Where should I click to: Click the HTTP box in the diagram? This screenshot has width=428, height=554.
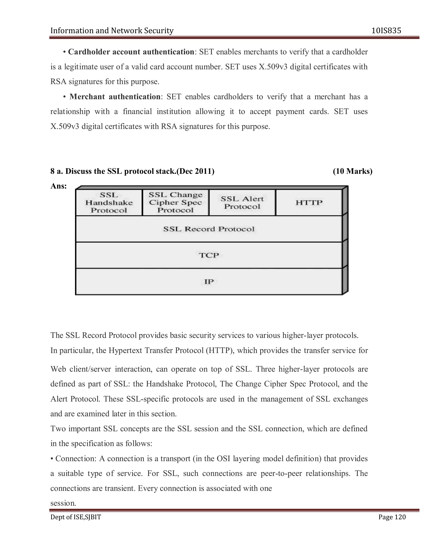pos(309,203)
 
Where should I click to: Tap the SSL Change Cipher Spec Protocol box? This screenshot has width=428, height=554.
pos(176,202)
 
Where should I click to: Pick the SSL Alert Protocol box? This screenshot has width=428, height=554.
pos(242,203)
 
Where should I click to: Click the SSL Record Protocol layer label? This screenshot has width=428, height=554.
pos(209,229)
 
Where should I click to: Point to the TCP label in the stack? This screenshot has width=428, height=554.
pos(209,255)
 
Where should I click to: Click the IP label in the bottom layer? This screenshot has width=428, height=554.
pos(209,282)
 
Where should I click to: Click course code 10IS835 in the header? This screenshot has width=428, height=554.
pos(386,31)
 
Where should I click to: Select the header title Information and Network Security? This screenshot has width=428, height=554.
pos(112,31)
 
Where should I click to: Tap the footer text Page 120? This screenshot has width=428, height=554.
pos(392,517)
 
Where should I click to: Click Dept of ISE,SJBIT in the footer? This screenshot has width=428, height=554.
pos(76,517)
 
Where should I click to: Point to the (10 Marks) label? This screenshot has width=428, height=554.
pos(352,171)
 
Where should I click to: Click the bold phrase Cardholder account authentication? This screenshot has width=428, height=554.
pos(131,52)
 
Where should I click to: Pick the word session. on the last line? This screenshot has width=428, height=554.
pos(63,503)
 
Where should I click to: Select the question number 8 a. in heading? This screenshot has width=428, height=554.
pos(57,171)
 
